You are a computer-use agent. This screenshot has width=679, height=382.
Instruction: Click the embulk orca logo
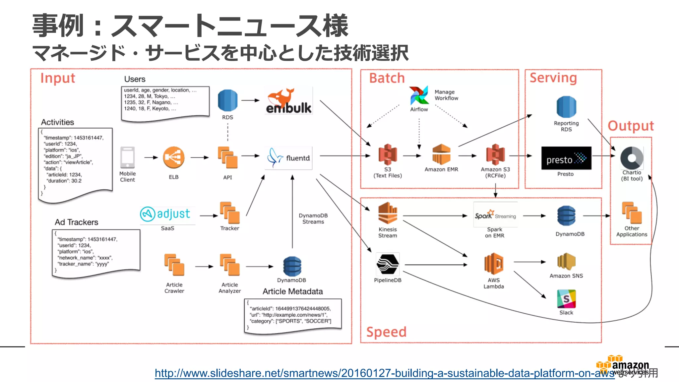pyautogui.click(x=288, y=100)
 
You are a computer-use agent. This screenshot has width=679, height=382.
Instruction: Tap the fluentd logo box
pyautogui.click(x=288, y=158)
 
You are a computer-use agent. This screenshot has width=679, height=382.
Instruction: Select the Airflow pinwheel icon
pyautogui.click(x=419, y=95)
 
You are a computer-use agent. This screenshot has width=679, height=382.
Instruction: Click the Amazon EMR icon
pyautogui.click(x=441, y=154)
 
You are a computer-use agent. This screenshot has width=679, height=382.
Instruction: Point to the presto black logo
pyautogui.click(x=566, y=158)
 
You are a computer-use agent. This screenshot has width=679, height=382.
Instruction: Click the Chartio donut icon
pyautogui.click(x=632, y=158)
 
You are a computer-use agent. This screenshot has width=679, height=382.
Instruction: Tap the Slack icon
pyautogui.click(x=566, y=299)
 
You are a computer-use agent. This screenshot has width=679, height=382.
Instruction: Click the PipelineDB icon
pyautogui.click(x=388, y=264)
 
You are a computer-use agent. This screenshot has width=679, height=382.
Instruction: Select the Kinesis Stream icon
pyautogui.click(x=388, y=213)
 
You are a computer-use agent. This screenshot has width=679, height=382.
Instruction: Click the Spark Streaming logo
pyautogui.click(x=495, y=215)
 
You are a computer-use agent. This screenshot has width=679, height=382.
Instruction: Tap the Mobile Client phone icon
pyautogui.click(x=128, y=158)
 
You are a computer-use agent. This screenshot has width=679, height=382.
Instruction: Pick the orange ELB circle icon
pyautogui.click(x=174, y=158)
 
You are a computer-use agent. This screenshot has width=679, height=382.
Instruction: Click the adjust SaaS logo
pyautogui.click(x=165, y=214)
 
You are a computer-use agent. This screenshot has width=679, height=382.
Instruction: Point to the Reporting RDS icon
pyautogui.click(x=566, y=107)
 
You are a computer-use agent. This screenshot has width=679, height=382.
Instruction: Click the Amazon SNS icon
pyautogui.click(x=566, y=262)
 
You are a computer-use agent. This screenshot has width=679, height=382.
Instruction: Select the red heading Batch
pyautogui.click(x=387, y=78)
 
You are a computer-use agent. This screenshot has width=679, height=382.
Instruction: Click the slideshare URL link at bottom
pyautogui.click(x=384, y=373)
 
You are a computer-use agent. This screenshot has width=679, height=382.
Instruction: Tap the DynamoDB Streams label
pyautogui.click(x=313, y=219)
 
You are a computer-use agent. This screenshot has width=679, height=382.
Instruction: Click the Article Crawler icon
pyautogui.click(x=174, y=265)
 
